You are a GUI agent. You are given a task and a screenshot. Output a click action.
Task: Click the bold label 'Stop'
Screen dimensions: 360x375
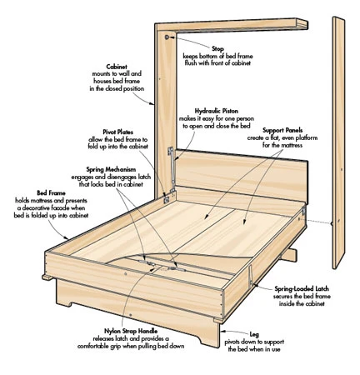point(217,49)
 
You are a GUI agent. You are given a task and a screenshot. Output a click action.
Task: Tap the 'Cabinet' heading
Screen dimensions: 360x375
point(117,67)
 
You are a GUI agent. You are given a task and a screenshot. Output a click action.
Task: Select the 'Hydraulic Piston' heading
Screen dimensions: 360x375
point(217,111)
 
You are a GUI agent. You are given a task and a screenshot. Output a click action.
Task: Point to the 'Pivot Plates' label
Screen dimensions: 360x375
point(118,132)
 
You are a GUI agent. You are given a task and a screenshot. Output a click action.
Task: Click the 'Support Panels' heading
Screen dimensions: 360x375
point(282,130)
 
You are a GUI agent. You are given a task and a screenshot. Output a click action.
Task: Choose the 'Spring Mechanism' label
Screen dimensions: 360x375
point(111,169)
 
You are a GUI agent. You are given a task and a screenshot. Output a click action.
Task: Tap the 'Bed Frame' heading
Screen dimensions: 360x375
point(51,193)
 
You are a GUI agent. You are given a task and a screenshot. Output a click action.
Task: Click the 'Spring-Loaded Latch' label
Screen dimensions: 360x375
point(302,289)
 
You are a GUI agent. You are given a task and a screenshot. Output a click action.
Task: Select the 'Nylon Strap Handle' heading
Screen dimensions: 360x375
point(131,332)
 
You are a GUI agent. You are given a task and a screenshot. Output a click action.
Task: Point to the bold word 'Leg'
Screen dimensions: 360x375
point(254,334)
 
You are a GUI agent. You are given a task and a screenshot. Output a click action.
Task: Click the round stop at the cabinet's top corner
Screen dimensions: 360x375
point(167,37)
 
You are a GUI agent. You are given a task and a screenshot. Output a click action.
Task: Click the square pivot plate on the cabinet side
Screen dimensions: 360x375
point(167,199)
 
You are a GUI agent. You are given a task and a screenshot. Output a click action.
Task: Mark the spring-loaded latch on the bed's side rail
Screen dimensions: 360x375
point(251,276)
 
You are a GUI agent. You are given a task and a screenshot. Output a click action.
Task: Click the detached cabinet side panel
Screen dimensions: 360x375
point(338,142)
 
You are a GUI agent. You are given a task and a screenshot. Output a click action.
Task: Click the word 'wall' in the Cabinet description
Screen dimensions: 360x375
point(122,74)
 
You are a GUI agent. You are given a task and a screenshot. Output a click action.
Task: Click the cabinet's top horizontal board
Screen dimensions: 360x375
point(232,25)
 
